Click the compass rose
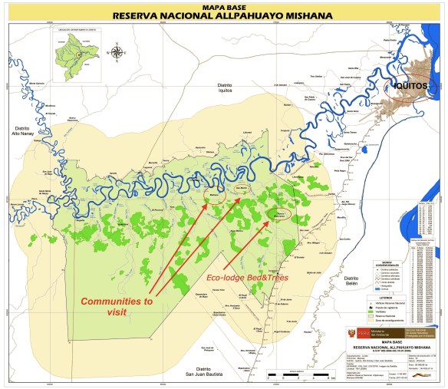(117, 53)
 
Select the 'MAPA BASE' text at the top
(223, 5)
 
